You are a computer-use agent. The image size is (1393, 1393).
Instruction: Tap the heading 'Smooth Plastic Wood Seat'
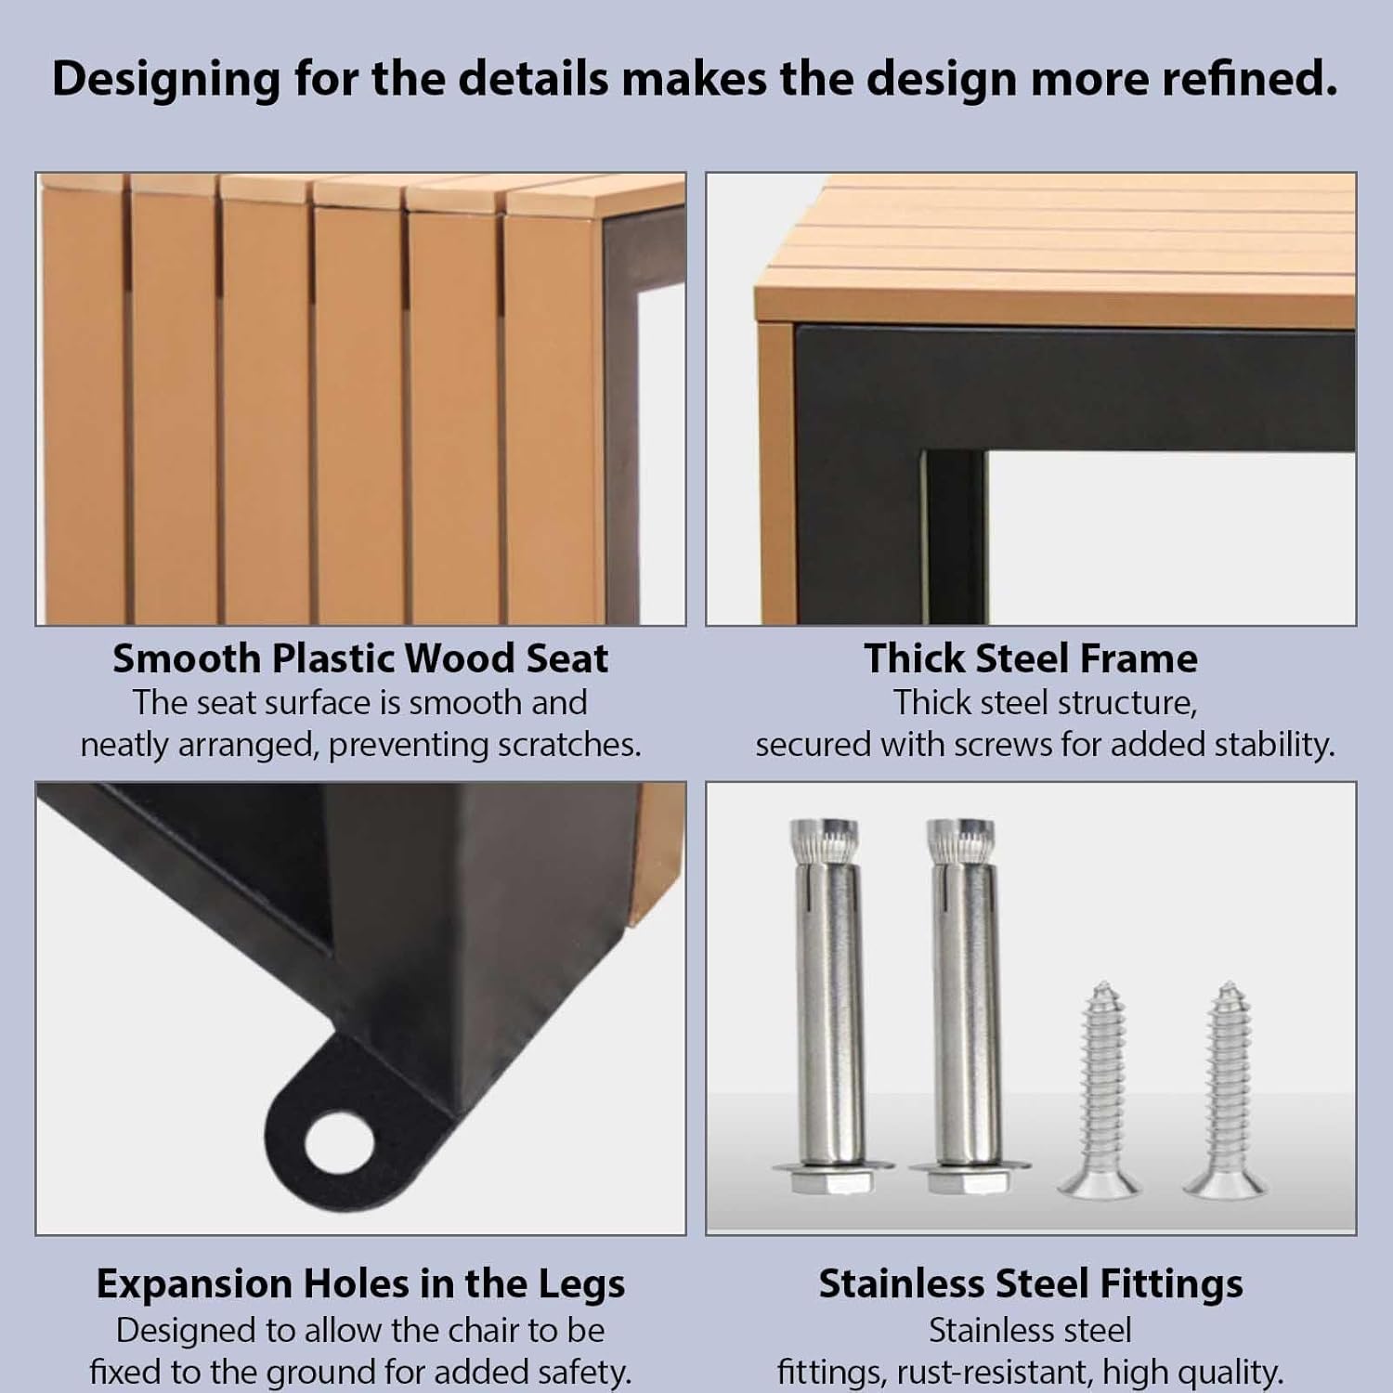click(360, 658)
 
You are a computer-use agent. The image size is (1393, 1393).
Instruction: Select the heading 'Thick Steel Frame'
click(1031, 658)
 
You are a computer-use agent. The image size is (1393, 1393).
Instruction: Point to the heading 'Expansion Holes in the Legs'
click(360, 1284)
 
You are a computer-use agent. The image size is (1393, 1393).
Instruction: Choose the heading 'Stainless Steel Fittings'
click(1031, 1284)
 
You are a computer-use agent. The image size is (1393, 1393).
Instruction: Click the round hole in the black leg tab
click(338, 1141)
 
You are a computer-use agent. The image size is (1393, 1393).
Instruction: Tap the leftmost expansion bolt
click(828, 1004)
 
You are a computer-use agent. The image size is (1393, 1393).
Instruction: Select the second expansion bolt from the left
click(966, 1004)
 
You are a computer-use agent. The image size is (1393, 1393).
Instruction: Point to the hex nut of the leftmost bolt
click(828, 1182)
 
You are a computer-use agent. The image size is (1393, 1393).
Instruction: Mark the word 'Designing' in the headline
click(166, 80)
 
